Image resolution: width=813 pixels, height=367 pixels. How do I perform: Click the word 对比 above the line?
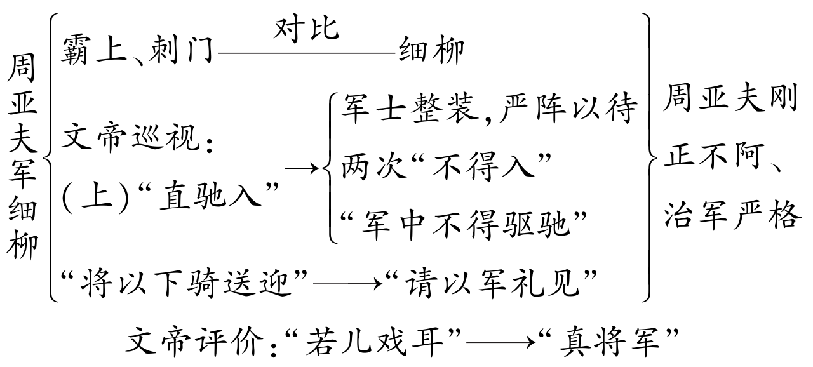(307, 29)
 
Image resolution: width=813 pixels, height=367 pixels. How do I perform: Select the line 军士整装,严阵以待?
(488, 109)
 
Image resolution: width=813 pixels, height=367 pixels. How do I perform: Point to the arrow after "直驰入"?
(302, 170)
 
